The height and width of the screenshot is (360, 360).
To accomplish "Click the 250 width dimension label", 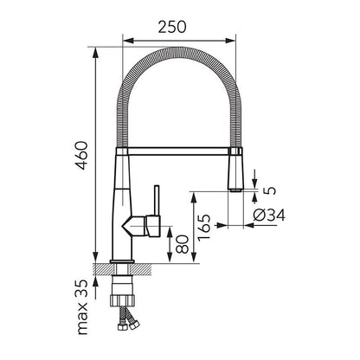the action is pyautogui.click(x=172, y=27).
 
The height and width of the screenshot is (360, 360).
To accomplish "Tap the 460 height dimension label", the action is pyautogui.click(x=80, y=155).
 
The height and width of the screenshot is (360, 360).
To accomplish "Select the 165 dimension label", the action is pyautogui.click(x=204, y=228).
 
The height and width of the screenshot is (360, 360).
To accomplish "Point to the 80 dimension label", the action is pyautogui.click(x=182, y=244).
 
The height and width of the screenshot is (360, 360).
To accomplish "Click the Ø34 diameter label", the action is pyautogui.click(x=269, y=215).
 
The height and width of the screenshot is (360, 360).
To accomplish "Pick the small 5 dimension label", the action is pyautogui.click(x=270, y=190).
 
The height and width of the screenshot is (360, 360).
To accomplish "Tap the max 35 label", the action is pyautogui.click(x=82, y=307).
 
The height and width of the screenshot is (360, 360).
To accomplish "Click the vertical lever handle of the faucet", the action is pyautogui.click(x=157, y=201).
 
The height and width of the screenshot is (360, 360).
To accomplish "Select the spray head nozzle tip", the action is pyautogui.click(x=235, y=190).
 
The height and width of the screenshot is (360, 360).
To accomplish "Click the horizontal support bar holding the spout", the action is pyautogui.click(x=178, y=151).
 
